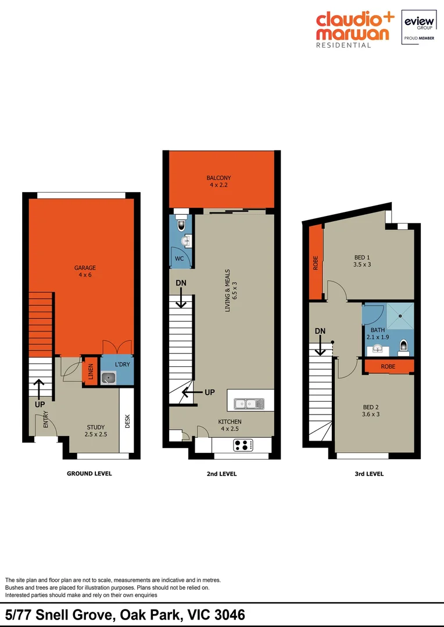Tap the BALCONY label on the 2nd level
[219, 178]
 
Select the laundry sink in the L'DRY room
[109, 378]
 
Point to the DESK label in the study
[127, 421]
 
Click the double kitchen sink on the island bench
[249, 403]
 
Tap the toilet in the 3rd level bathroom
[404, 348]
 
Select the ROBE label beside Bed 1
[316, 263]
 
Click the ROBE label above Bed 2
[389, 367]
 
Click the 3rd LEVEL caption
[369, 474]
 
